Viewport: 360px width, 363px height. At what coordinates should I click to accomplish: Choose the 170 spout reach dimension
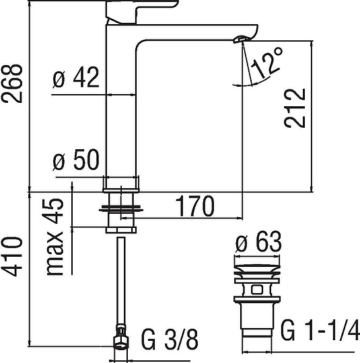[195, 204]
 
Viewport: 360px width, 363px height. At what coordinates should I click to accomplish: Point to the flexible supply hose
[122, 282]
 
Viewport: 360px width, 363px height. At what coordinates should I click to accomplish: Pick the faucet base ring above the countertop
[122, 184]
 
